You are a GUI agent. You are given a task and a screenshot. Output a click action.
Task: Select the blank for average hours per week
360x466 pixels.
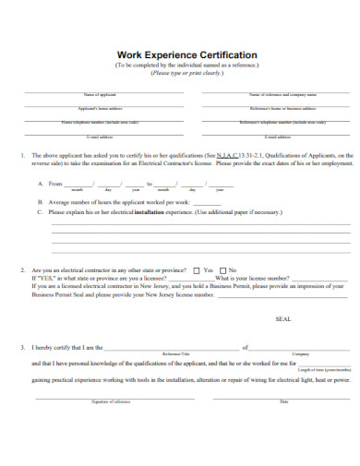[x=208, y=201]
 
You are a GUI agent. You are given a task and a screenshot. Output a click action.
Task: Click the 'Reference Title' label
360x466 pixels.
[x=175, y=353]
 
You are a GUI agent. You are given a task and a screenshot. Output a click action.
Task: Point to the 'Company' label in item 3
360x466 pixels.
[x=300, y=353]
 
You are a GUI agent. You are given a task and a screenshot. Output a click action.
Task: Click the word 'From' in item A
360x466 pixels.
[x=55, y=183]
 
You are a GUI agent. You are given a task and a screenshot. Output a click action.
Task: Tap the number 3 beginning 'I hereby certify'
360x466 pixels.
[x=21, y=348]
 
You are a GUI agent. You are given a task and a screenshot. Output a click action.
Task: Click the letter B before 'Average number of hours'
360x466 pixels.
[x=40, y=201]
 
